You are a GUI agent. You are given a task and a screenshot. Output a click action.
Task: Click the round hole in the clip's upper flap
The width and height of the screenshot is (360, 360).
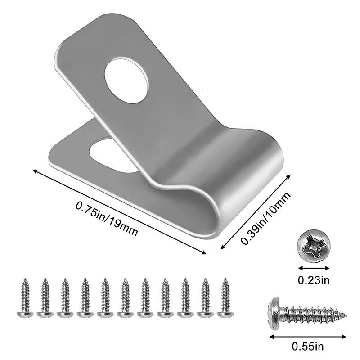click(x=126, y=79)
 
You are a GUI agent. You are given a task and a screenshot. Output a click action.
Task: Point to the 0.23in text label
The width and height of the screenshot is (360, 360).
click(x=314, y=280)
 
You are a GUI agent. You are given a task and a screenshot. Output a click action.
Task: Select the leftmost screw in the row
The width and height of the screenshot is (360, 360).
click(x=23, y=297)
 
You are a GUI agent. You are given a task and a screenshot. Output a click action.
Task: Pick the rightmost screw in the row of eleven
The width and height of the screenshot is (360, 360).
click(x=225, y=297)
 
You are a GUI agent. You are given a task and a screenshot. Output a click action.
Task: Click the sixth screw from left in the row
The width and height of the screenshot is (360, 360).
click(x=124, y=297)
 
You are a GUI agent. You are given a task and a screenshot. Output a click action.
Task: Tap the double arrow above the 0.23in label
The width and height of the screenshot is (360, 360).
click(x=314, y=267)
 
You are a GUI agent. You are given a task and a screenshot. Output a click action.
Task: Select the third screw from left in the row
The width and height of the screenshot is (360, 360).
click(x=64, y=297)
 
